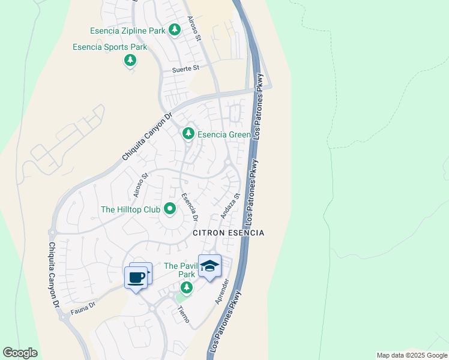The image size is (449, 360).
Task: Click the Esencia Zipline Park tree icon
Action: [174, 29]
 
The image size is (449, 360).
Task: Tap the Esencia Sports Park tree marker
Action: [130, 60]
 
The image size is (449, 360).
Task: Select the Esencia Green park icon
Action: [188, 133]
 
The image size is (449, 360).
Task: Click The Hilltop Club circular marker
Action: [170, 209]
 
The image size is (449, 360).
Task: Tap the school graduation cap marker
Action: [209, 266]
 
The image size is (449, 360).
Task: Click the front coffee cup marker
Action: [136, 278]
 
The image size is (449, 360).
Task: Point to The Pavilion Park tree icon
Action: [187, 287]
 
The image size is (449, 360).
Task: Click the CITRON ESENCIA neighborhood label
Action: [228, 233]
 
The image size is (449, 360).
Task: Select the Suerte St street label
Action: [185, 69]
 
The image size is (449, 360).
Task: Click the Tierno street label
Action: [184, 314]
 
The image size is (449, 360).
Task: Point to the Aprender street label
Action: [221, 292]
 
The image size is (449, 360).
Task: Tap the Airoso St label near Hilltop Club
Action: [140, 186]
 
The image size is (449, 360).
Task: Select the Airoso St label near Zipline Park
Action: [193, 29]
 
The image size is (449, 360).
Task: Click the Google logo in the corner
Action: [20, 353]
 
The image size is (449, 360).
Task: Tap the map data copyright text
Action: [411, 355]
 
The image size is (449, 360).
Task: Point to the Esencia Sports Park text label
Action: [110, 47]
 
